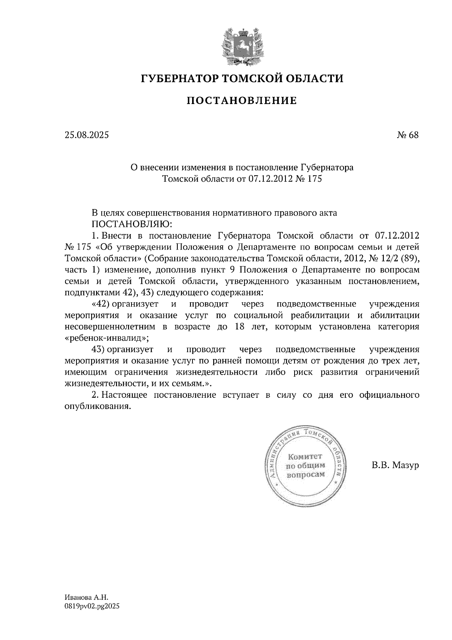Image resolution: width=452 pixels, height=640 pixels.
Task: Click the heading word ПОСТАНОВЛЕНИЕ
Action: (x=242, y=101)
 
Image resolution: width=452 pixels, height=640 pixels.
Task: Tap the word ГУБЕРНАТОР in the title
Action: (x=179, y=79)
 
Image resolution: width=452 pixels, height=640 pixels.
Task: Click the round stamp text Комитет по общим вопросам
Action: (x=305, y=465)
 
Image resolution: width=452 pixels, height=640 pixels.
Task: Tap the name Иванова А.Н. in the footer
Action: (x=86, y=597)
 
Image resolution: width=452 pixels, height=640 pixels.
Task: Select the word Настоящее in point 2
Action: (x=125, y=395)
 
